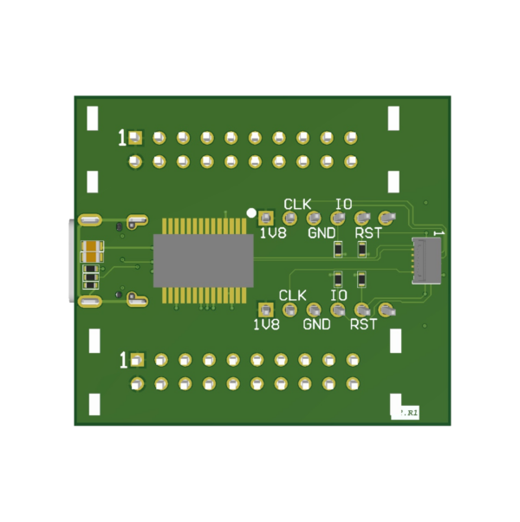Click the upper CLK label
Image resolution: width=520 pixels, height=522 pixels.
297,204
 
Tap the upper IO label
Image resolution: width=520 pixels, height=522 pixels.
343,204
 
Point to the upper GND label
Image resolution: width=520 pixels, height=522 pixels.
322,232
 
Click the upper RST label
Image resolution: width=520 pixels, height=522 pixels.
368,232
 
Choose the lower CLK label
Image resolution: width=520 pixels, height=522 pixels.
292,296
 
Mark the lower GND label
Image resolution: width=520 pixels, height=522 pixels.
316,324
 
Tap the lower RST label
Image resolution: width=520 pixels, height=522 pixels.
363,324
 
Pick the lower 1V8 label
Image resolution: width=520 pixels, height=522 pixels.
266,324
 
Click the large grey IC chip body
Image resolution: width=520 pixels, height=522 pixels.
204,260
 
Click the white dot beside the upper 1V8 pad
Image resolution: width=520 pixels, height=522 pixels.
251,212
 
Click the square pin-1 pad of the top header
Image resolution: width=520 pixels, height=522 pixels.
135,137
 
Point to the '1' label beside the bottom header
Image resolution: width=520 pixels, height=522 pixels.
123,359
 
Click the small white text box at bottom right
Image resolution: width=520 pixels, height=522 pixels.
405,414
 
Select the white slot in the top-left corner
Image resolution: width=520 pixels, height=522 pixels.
93,118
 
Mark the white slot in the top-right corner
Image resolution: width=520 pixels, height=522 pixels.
393,117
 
